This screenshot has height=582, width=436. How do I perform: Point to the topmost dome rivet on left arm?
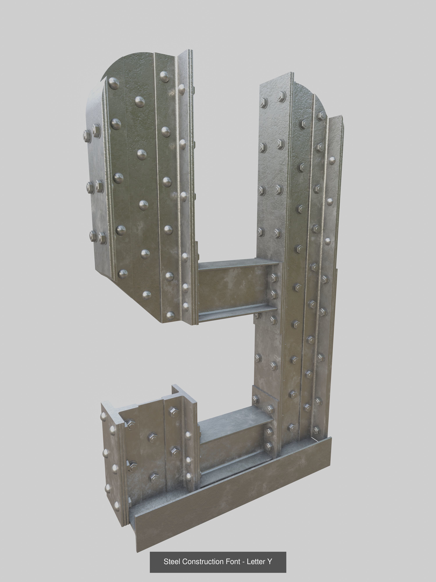165,76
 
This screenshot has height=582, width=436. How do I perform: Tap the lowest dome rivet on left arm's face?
171,315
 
